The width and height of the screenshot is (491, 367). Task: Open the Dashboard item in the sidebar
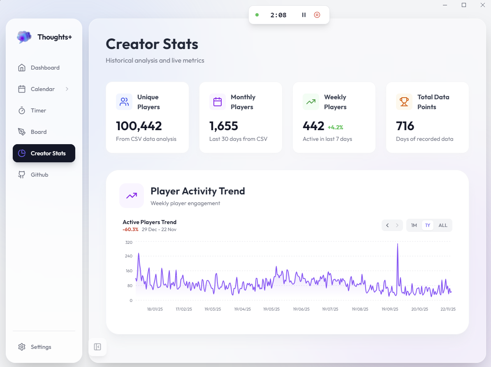pyautogui.click(x=44, y=68)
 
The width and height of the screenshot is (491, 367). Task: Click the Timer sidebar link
pyautogui.click(x=38, y=110)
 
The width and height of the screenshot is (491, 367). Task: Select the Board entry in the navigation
pyautogui.click(x=38, y=132)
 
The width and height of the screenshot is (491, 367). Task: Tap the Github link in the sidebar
pyautogui.click(x=39, y=175)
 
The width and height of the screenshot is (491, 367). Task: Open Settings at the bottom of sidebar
pyautogui.click(x=41, y=347)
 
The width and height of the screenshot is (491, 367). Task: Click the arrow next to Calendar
pyautogui.click(x=67, y=89)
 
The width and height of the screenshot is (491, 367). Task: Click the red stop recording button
pyautogui.click(x=317, y=15)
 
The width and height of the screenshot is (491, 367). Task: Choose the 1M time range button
pyautogui.click(x=414, y=225)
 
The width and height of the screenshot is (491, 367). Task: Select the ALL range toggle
pyautogui.click(x=443, y=225)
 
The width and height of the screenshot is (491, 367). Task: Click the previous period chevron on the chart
pyautogui.click(x=387, y=225)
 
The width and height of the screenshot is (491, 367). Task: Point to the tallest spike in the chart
pyautogui.click(x=397, y=245)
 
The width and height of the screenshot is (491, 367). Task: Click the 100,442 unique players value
pyautogui.click(x=139, y=126)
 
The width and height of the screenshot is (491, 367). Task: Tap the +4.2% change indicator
pyautogui.click(x=335, y=127)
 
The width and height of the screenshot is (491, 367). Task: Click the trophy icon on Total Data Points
pyautogui.click(x=404, y=101)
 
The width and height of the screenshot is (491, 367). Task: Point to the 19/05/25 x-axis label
pyautogui.click(x=271, y=309)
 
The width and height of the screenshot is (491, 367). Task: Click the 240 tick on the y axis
pyautogui.click(x=128, y=256)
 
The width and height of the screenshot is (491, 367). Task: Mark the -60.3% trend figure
pyautogui.click(x=130, y=229)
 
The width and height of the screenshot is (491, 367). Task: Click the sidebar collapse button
pyautogui.click(x=97, y=347)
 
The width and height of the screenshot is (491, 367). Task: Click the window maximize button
pyautogui.click(x=464, y=5)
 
